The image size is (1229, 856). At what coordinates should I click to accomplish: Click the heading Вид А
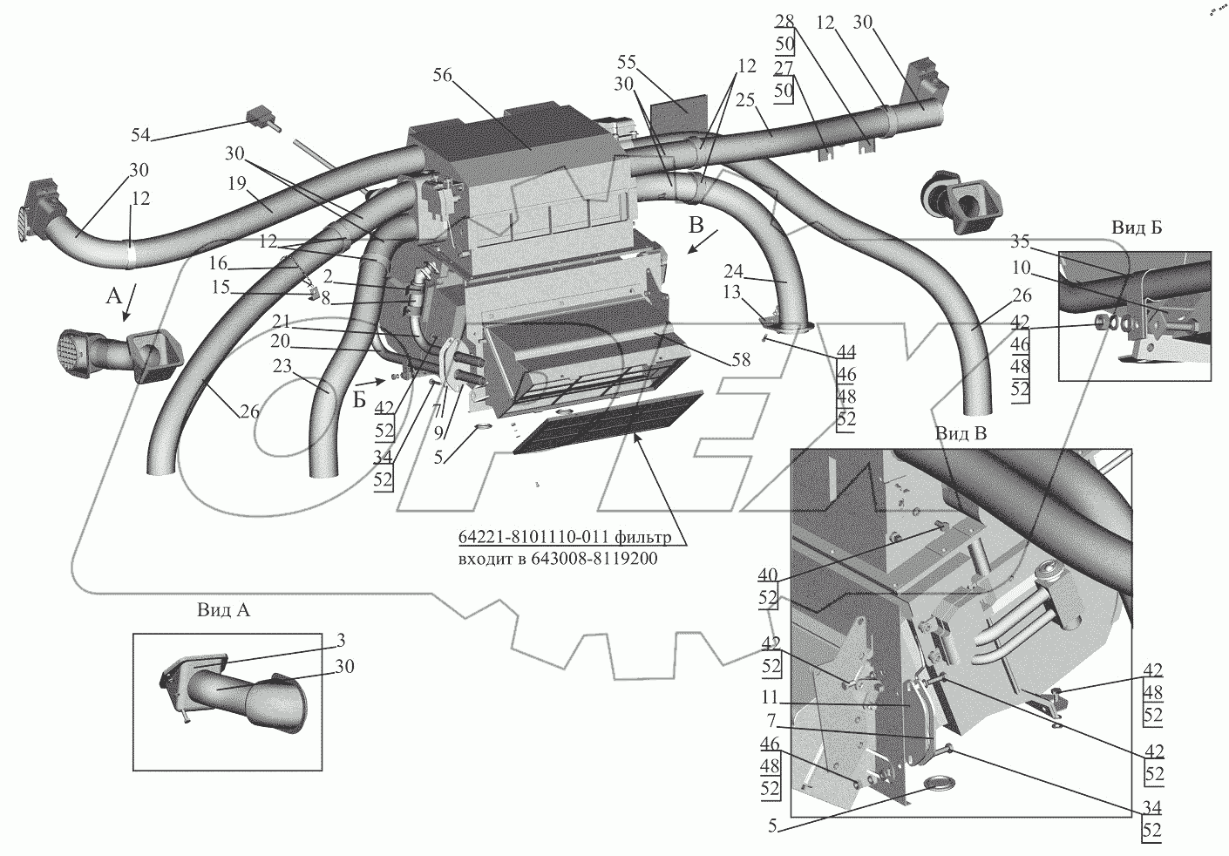(223, 610)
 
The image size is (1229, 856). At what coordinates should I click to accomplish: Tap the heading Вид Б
(1136, 227)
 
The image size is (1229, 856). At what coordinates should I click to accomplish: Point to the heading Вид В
(960, 433)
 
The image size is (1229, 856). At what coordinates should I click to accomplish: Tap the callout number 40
(769, 574)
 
